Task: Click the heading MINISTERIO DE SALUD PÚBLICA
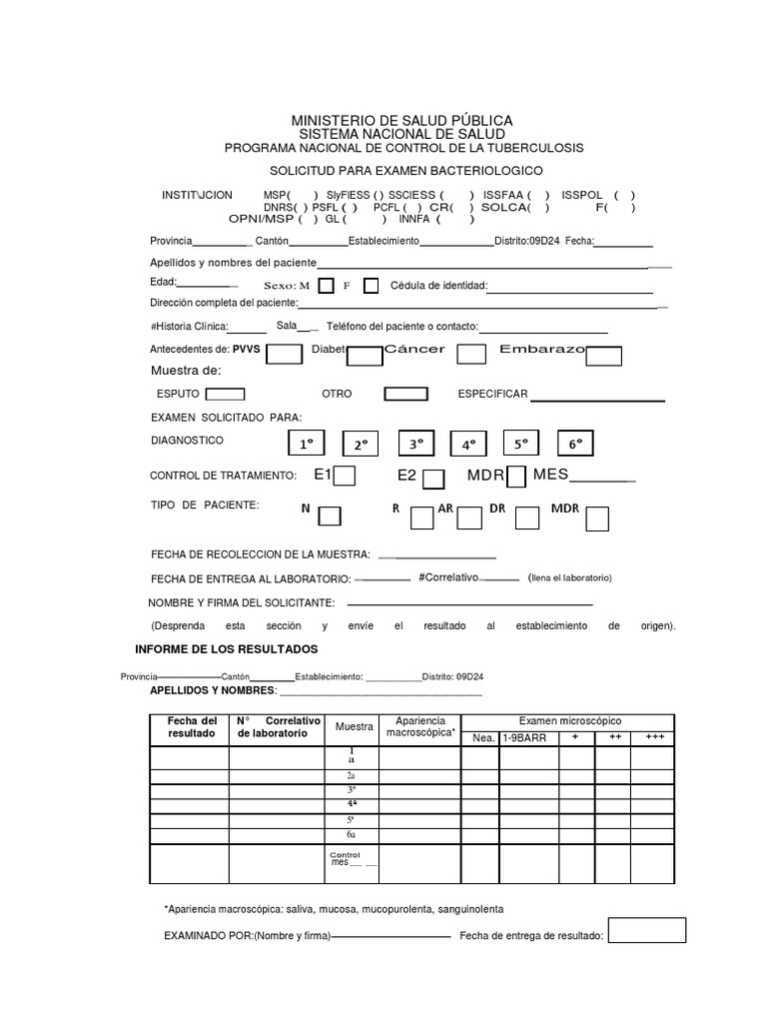401,120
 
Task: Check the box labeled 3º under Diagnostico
416,443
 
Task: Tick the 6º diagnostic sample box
575,443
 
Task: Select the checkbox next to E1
345,476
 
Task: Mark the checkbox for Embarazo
604,357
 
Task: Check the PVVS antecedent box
285,354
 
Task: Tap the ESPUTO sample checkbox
225,394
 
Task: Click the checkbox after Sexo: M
326,286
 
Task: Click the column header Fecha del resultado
192,726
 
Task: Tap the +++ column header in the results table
654,737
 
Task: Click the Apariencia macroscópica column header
419,726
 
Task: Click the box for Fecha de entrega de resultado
647,930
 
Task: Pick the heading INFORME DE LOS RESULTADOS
226,648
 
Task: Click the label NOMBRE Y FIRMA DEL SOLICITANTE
242,602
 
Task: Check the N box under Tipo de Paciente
330,515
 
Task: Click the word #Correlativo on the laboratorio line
449,577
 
